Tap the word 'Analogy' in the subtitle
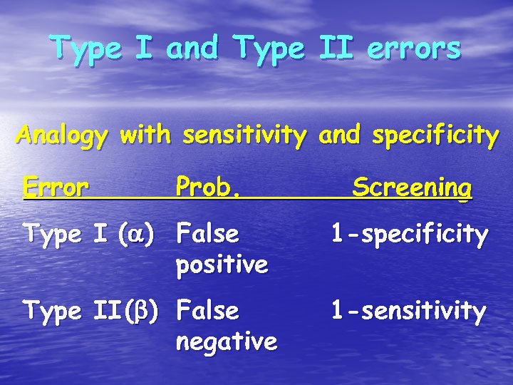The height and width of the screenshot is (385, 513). (x=61, y=135)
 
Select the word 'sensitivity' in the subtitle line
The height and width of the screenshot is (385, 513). (x=239, y=135)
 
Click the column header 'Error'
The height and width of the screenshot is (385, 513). (x=56, y=188)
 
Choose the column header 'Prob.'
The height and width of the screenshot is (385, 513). (x=207, y=188)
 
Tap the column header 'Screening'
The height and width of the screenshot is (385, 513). (x=412, y=188)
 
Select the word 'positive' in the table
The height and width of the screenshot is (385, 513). (x=222, y=265)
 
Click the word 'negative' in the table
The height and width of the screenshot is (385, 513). (x=226, y=342)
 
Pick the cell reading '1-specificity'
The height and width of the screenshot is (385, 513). (x=408, y=234)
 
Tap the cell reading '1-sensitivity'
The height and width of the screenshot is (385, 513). (x=408, y=311)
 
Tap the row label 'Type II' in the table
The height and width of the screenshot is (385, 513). (x=80, y=311)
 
